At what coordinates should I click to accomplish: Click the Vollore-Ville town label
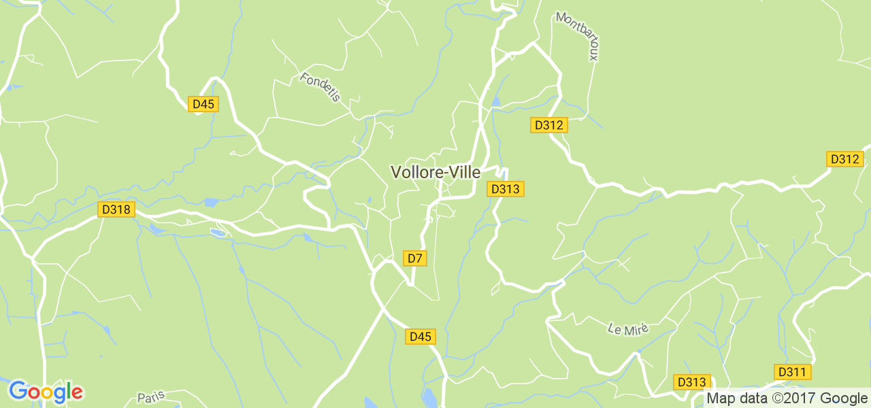[x=435, y=173]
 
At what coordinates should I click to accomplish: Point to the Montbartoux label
[x=576, y=36]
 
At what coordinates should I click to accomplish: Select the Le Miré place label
[x=628, y=329]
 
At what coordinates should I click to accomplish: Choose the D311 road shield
[x=792, y=372]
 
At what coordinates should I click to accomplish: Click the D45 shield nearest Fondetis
[x=203, y=104]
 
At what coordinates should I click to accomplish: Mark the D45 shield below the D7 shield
[x=421, y=337]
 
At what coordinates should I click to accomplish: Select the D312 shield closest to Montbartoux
[x=548, y=125]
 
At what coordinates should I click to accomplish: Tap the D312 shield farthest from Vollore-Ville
[x=844, y=159]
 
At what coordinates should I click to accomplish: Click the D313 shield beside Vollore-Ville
[x=506, y=189]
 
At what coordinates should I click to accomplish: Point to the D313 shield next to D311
[x=692, y=382]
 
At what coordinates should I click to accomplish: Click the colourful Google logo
[x=46, y=391]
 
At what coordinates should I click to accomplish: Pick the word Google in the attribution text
[x=843, y=398]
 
